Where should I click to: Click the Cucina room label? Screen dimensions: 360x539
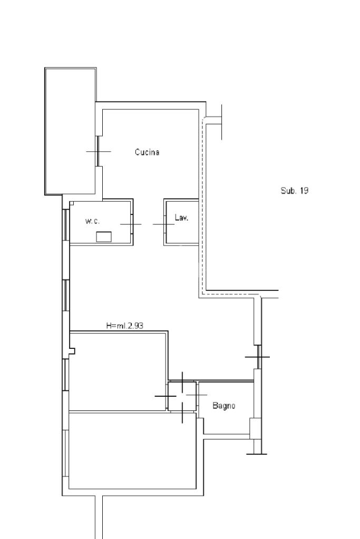147,152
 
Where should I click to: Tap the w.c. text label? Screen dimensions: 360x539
92,221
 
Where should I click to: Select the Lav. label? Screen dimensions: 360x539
181,217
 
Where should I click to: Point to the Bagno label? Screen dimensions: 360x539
224,406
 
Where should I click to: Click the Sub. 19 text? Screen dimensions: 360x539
294,190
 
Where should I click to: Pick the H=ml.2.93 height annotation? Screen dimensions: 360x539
125,326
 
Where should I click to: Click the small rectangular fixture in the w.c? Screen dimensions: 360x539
103,237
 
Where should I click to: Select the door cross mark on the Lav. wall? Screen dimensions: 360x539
164,224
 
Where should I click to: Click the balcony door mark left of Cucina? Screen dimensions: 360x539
99,151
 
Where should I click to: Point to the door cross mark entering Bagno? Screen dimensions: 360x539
197,395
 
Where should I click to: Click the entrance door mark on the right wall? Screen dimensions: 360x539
258,357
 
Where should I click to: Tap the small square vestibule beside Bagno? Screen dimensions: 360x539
182,396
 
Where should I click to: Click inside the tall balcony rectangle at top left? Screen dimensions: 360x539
70,131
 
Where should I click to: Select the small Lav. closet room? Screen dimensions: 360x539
181,222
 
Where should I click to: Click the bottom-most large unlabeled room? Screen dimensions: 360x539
132,450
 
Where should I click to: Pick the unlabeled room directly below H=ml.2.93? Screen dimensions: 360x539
118,371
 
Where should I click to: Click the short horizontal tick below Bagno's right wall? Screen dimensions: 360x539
257,454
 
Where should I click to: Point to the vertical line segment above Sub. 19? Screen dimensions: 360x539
221,122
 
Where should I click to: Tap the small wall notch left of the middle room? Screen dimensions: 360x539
72,351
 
